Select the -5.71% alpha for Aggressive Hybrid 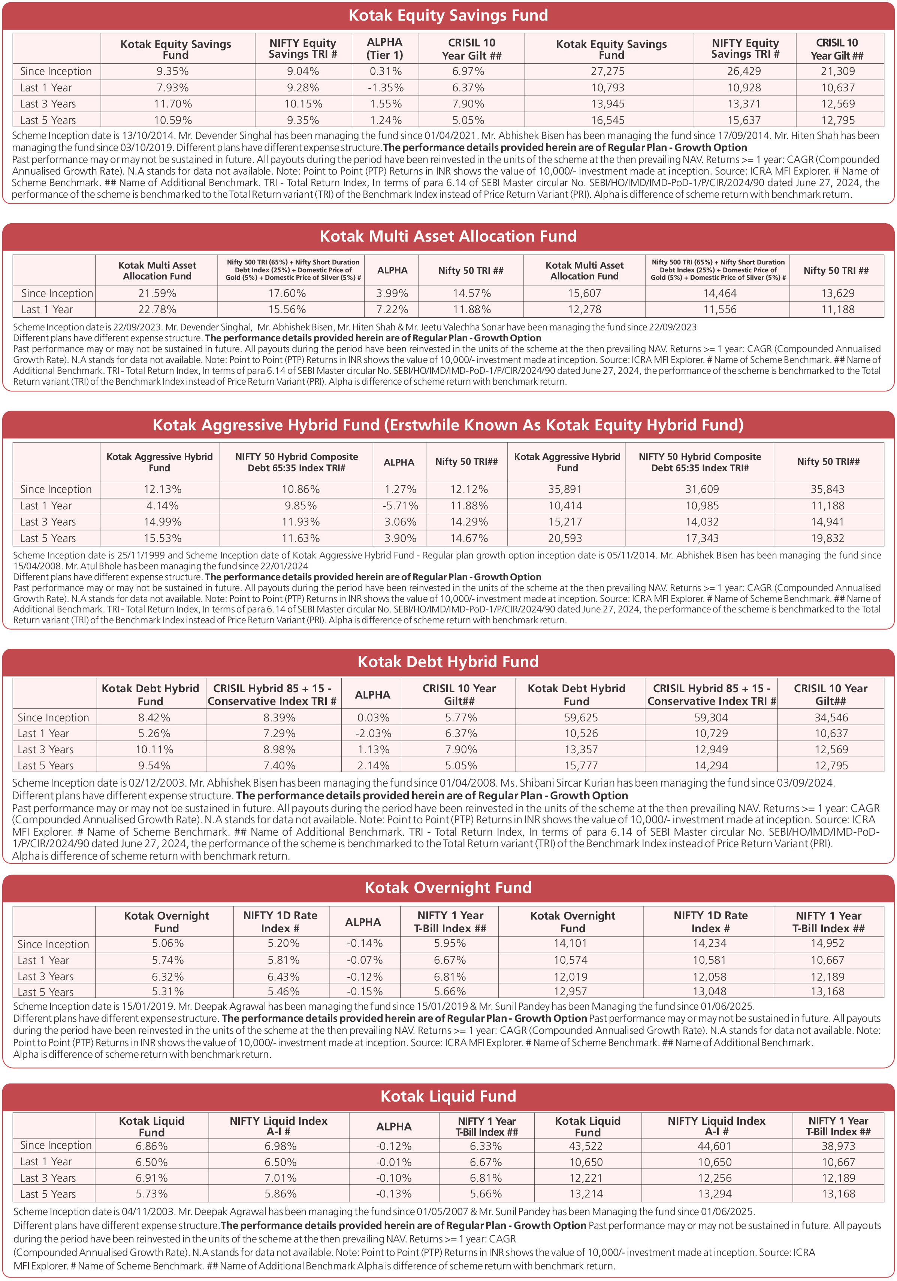coord(400,506)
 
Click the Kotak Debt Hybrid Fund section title coord(448,662)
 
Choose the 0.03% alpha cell coord(373,718)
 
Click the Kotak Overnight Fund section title coord(448,888)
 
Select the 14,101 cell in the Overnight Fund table coord(571,944)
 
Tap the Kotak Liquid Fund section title coord(448,1096)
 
